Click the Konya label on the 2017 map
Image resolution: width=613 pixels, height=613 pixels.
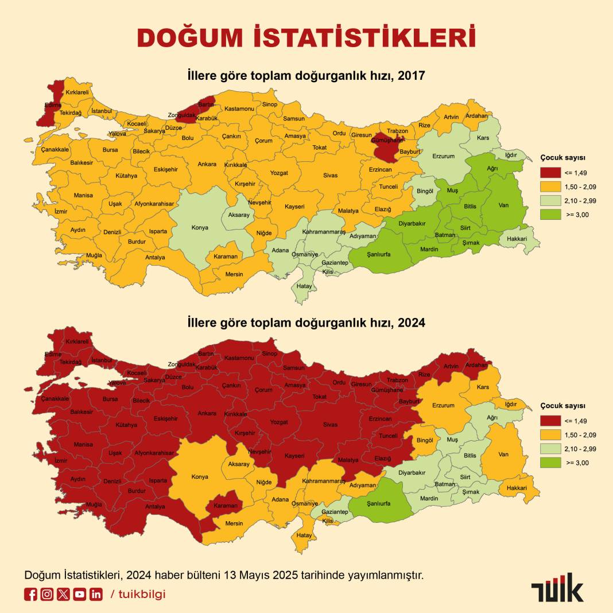click(x=200, y=228)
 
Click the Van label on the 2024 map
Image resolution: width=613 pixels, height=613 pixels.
click(x=503, y=455)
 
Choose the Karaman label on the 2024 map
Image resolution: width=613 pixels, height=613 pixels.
click(x=225, y=506)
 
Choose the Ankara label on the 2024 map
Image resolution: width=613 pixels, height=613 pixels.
click(x=207, y=413)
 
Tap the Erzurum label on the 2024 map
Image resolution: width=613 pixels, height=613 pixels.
click(x=443, y=406)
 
